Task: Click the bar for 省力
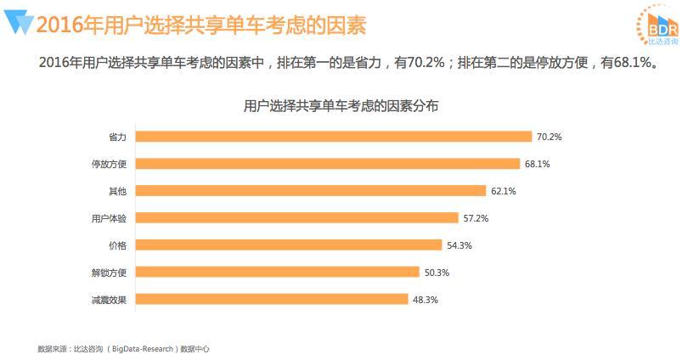[334, 137]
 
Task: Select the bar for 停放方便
[328, 164]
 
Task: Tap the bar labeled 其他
[311, 191]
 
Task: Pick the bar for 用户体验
[297, 218]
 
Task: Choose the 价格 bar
[289, 245]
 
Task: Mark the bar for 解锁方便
[277, 273]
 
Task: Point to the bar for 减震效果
[272, 300]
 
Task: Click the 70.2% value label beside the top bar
[549, 137]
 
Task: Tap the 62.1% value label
[504, 191]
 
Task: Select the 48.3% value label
[426, 300]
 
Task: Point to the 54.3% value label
[460, 245]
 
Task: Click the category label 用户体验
[109, 218]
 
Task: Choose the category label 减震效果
[109, 300]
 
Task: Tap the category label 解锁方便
[109, 273]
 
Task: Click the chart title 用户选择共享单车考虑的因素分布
[341, 106]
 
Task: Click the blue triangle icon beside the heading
[19, 22]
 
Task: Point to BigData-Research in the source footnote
[143, 349]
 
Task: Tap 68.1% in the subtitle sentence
[632, 63]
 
